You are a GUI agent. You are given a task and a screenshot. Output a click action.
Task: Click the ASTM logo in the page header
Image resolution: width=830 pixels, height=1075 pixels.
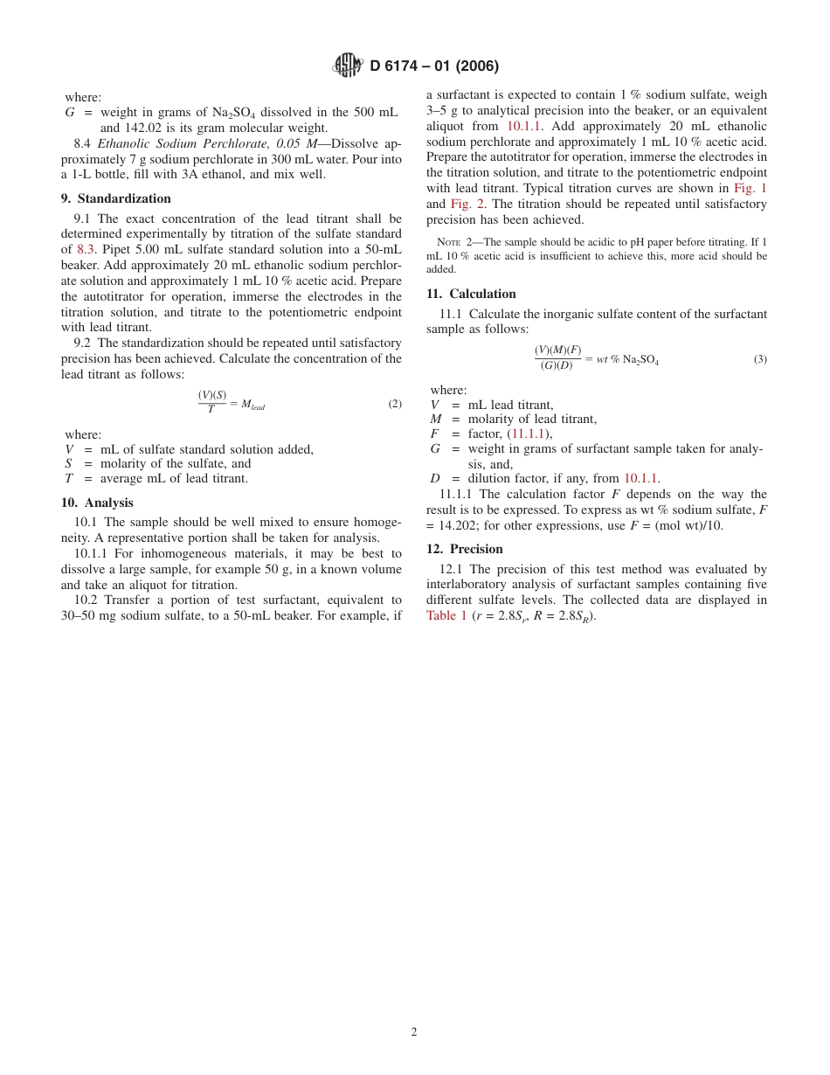click(x=348, y=66)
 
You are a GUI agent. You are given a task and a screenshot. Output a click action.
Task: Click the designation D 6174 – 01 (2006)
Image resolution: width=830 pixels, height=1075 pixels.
click(x=434, y=66)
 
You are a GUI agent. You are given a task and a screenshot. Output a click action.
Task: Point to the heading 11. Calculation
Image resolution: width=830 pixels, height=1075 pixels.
click(x=471, y=294)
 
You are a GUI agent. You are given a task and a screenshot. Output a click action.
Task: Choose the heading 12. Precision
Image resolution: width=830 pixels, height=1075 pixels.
click(x=464, y=549)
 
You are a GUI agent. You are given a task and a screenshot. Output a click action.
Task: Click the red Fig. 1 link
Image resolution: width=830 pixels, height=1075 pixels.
click(x=750, y=188)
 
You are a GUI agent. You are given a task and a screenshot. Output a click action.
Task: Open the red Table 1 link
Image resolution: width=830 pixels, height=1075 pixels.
click(x=446, y=615)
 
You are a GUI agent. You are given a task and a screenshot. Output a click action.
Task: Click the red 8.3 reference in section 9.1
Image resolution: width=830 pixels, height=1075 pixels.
click(x=87, y=249)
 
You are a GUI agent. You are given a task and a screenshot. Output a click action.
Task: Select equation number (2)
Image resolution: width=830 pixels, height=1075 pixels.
click(x=395, y=404)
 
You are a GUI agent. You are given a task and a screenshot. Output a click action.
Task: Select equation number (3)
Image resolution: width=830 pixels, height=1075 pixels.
click(x=760, y=358)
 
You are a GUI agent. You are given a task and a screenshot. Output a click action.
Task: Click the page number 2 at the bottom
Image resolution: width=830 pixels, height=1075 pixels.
click(x=414, y=1031)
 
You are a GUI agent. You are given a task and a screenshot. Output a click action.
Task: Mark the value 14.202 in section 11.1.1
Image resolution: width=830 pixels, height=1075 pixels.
click(x=453, y=525)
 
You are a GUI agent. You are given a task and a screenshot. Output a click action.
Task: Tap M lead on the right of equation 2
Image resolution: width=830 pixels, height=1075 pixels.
click(x=252, y=405)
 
